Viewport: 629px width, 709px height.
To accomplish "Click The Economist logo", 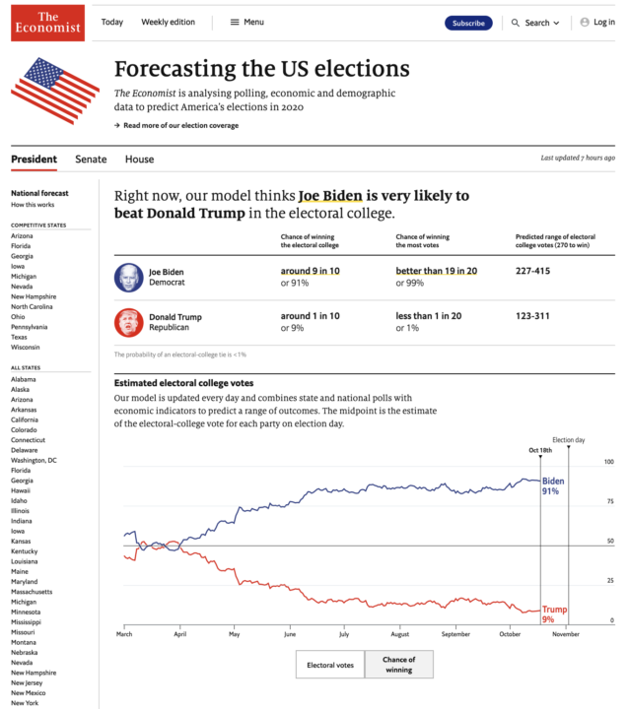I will point(48,23).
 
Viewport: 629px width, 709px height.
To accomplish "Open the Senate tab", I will point(91,160).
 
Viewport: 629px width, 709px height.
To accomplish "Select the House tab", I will point(139,160).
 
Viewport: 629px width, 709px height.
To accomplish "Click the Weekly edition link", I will point(168,23).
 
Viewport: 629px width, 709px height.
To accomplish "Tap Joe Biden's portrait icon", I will point(128,277).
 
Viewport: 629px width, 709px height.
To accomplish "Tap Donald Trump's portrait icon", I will point(128,322).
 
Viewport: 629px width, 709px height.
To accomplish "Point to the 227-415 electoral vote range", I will point(534,271).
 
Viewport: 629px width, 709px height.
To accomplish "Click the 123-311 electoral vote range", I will point(534,316).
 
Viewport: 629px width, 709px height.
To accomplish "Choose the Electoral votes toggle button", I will point(330,666).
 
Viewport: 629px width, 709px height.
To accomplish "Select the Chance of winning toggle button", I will point(398,666).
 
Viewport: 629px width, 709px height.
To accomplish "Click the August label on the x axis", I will point(399,635).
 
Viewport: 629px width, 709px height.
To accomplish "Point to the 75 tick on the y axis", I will point(610,502).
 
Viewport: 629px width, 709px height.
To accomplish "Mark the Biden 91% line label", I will point(553,485).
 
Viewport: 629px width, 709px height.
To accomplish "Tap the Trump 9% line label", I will point(554,614).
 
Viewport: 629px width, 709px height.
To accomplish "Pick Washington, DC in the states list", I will point(34,460).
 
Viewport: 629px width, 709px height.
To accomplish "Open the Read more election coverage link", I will point(179,125).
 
